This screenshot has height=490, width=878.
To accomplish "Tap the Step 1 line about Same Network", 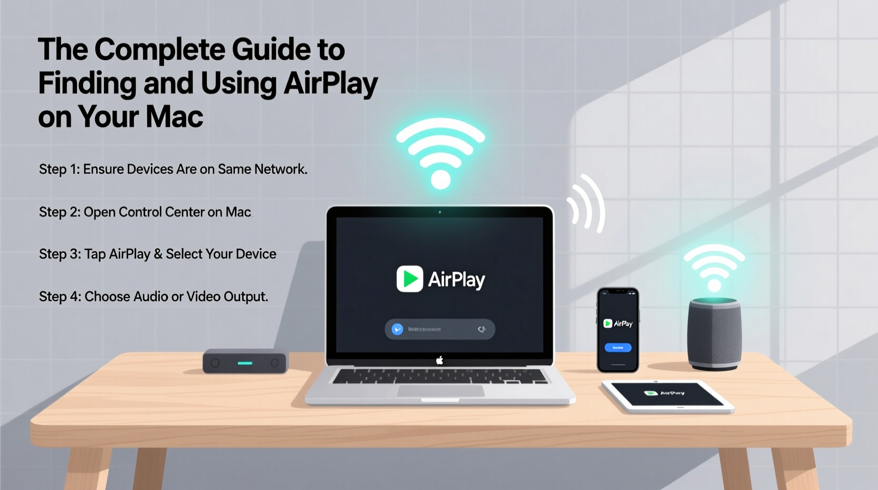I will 173,169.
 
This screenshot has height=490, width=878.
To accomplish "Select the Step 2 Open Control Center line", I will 145,212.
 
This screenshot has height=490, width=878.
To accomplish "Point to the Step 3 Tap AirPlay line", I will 157,255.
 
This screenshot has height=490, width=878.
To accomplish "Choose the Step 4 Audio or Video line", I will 154,297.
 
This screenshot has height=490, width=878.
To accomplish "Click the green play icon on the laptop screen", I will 409,279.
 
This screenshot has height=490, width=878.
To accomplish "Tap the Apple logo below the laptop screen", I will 440,361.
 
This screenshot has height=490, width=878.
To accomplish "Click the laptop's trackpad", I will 441,391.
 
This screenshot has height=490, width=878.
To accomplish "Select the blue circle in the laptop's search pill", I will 397,329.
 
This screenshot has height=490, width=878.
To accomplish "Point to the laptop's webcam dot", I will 440,212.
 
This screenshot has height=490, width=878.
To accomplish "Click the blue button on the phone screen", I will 618,347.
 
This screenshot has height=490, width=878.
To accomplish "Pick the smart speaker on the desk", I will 714,334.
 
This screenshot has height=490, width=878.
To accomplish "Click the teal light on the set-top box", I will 245,363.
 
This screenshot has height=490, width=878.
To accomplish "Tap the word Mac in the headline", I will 174,117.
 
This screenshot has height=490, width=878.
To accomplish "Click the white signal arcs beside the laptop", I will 587,204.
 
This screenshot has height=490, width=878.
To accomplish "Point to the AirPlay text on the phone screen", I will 623,324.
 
